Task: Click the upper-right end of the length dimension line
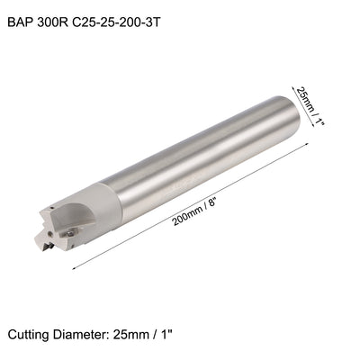[312, 144]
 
